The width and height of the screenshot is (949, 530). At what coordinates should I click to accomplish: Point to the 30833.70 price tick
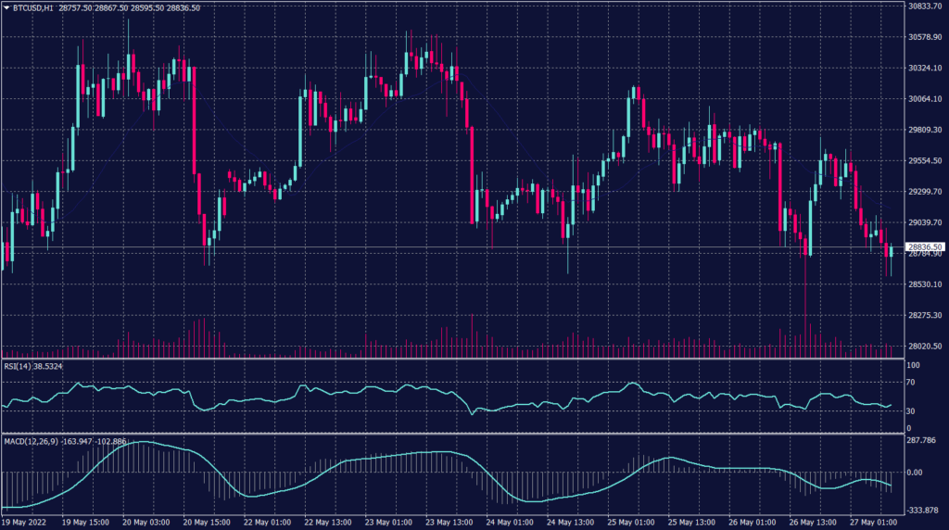(x=926, y=6)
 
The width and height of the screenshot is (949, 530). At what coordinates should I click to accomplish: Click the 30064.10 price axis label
(x=926, y=99)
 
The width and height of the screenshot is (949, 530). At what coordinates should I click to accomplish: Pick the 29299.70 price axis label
(x=926, y=192)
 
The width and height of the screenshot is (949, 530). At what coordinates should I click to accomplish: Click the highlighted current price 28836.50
(x=926, y=247)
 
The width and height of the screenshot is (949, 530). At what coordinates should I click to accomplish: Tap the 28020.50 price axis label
(x=926, y=347)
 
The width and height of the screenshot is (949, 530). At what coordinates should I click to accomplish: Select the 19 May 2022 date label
(x=24, y=521)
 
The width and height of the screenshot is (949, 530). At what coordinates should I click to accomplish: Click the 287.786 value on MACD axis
(x=921, y=441)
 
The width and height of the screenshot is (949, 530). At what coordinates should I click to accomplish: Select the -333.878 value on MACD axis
(x=923, y=510)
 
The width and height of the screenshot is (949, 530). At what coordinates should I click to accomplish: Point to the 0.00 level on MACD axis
(x=916, y=473)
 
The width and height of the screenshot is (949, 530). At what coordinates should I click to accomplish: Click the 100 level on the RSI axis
(x=915, y=366)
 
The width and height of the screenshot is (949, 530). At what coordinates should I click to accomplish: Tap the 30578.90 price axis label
(x=926, y=37)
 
